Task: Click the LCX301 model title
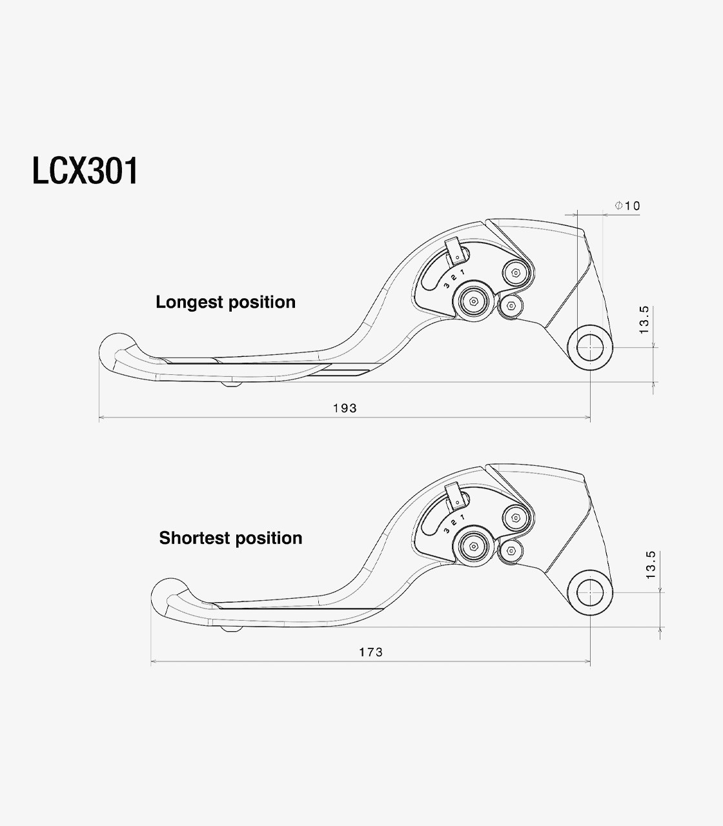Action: click(85, 171)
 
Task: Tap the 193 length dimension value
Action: click(345, 408)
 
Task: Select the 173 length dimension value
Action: click(371, 652)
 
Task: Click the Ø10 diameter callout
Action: click(627, 206)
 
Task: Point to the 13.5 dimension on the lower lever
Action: click(651, 565)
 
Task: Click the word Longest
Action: click(189, 303)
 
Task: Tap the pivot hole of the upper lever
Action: click(590, 347)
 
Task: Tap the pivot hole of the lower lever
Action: click(590, 592)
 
